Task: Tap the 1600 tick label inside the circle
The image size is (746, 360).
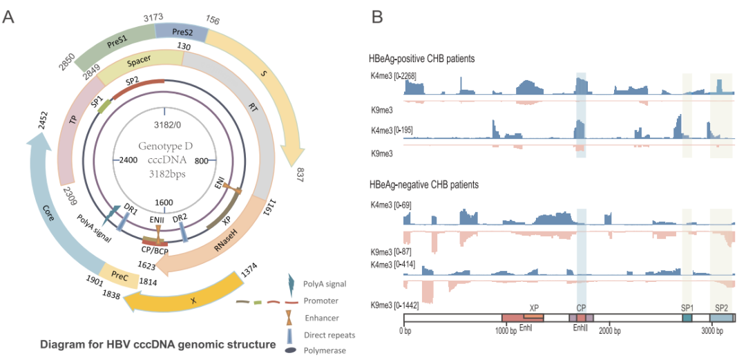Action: pos(164,202)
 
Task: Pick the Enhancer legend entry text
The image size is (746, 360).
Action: pos(323,317)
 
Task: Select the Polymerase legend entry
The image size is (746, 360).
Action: pos(325,350)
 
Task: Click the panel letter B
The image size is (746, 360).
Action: pos(378,16)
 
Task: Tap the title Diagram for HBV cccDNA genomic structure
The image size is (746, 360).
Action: pos(158,343)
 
